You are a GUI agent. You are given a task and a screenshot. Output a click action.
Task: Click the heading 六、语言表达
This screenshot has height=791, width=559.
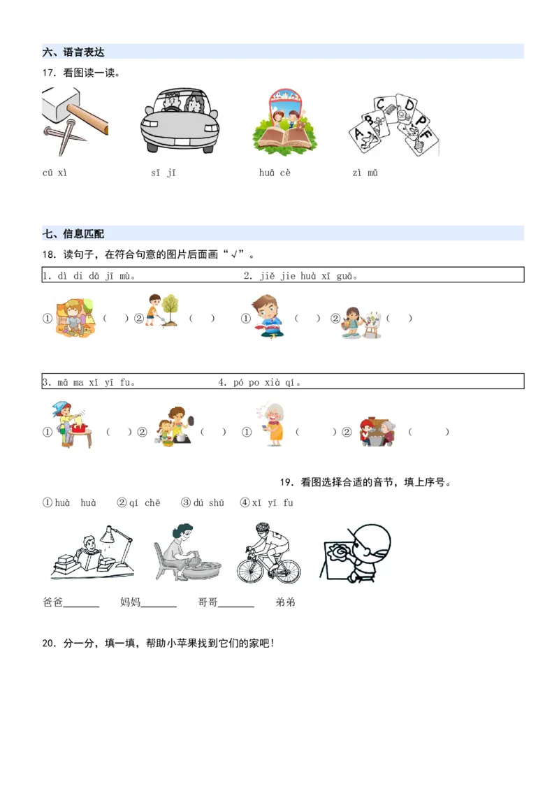[x=73, y=52]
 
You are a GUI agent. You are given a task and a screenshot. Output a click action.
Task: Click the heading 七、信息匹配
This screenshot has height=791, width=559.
[x=73, y=235]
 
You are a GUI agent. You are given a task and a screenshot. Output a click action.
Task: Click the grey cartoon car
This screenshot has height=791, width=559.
[x=179, y=126]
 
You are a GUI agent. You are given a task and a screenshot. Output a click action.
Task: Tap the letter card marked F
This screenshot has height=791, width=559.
[x=424, y=136]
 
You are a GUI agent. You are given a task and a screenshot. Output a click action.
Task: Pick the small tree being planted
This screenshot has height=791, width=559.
[x=170, y=307]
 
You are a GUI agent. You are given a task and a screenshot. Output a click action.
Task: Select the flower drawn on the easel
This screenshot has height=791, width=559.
[x=340, y=553]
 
